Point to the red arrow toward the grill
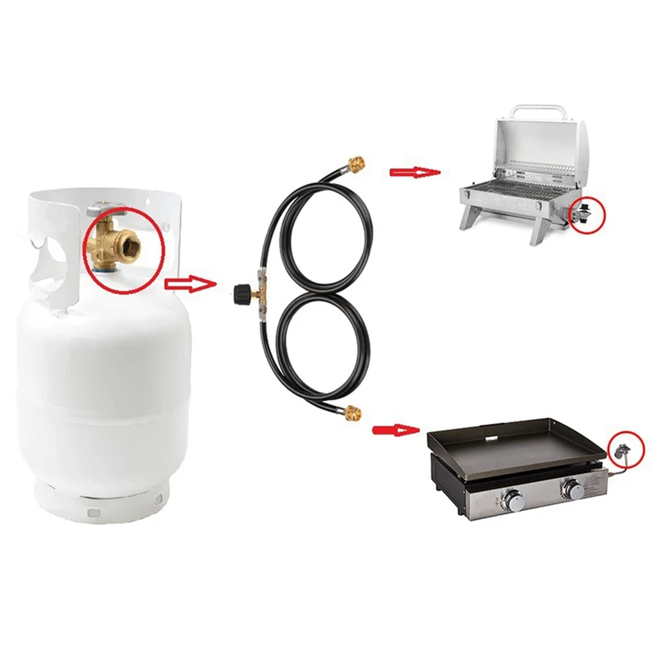point(414,172)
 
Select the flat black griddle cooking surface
point(509,448)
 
